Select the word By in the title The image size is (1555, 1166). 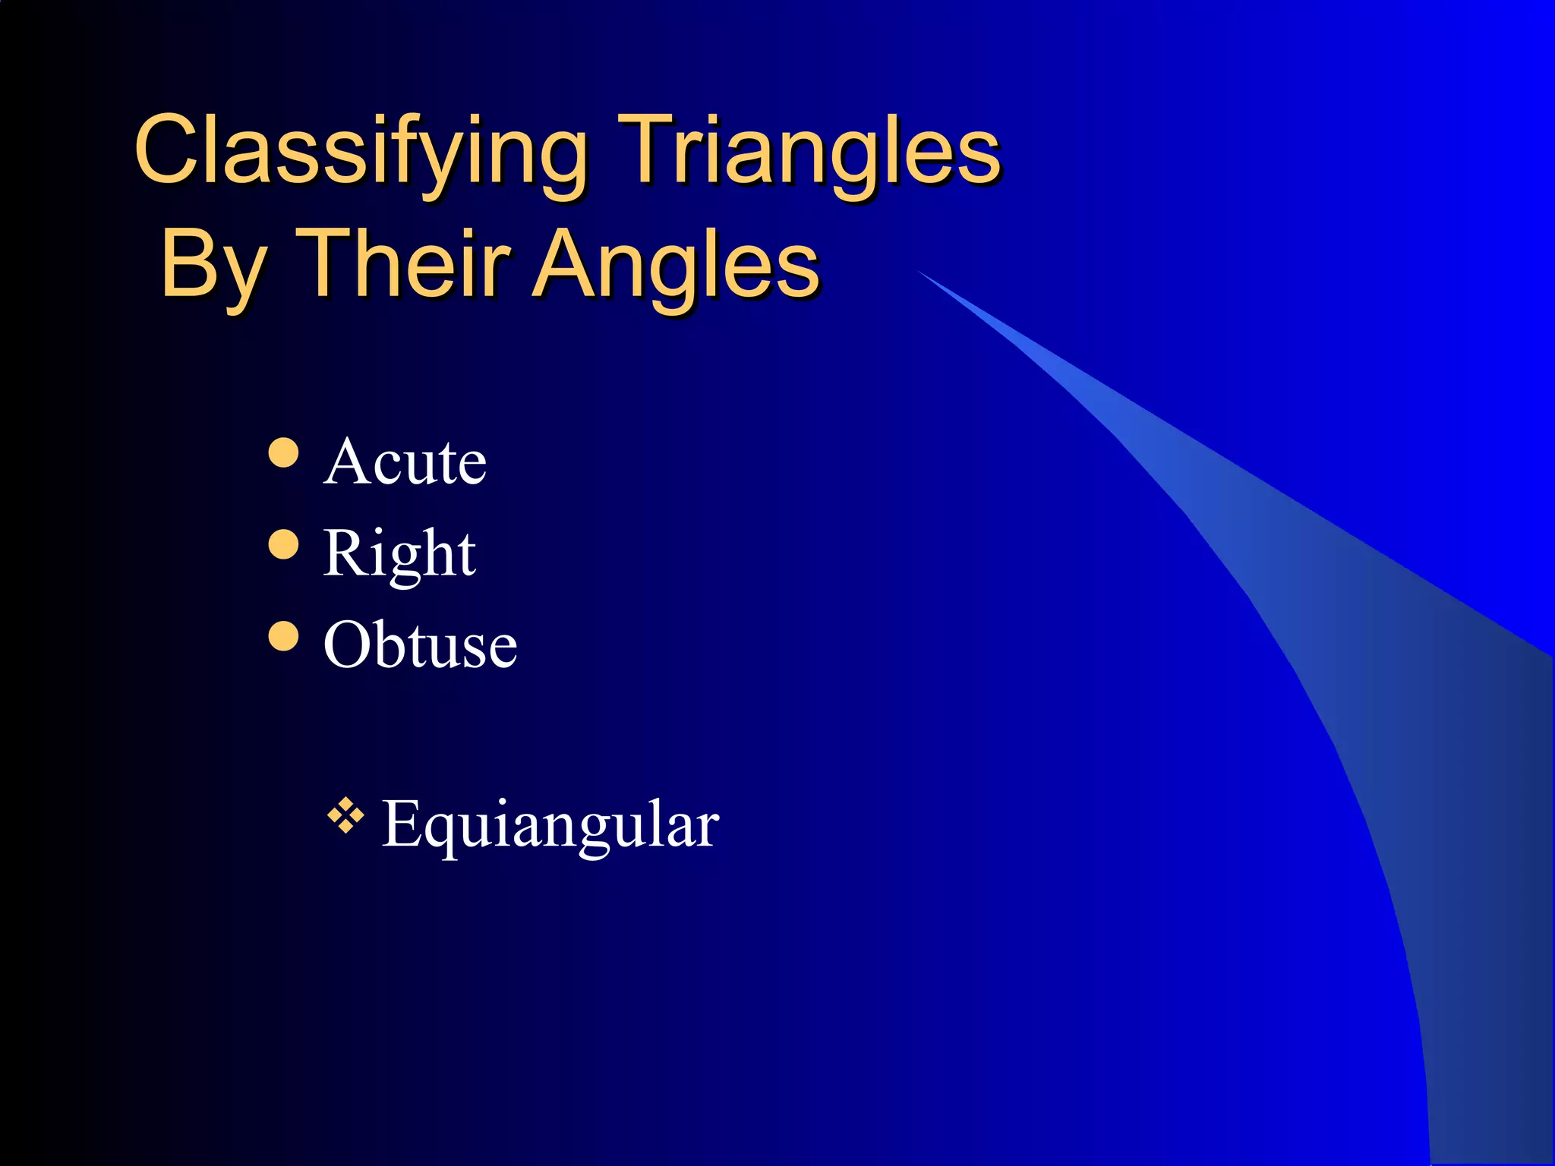tap(213, 266)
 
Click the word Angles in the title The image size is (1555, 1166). tap(676, 266)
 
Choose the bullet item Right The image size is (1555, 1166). tap(399, 554)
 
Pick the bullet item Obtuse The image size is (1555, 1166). tap(420, 644)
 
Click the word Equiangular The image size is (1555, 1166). tap(550, 825)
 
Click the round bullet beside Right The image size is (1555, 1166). tap(283, 544)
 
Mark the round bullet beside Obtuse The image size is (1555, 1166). tap(283, 636)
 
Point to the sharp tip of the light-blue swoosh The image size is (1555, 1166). tap(921, 272)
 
